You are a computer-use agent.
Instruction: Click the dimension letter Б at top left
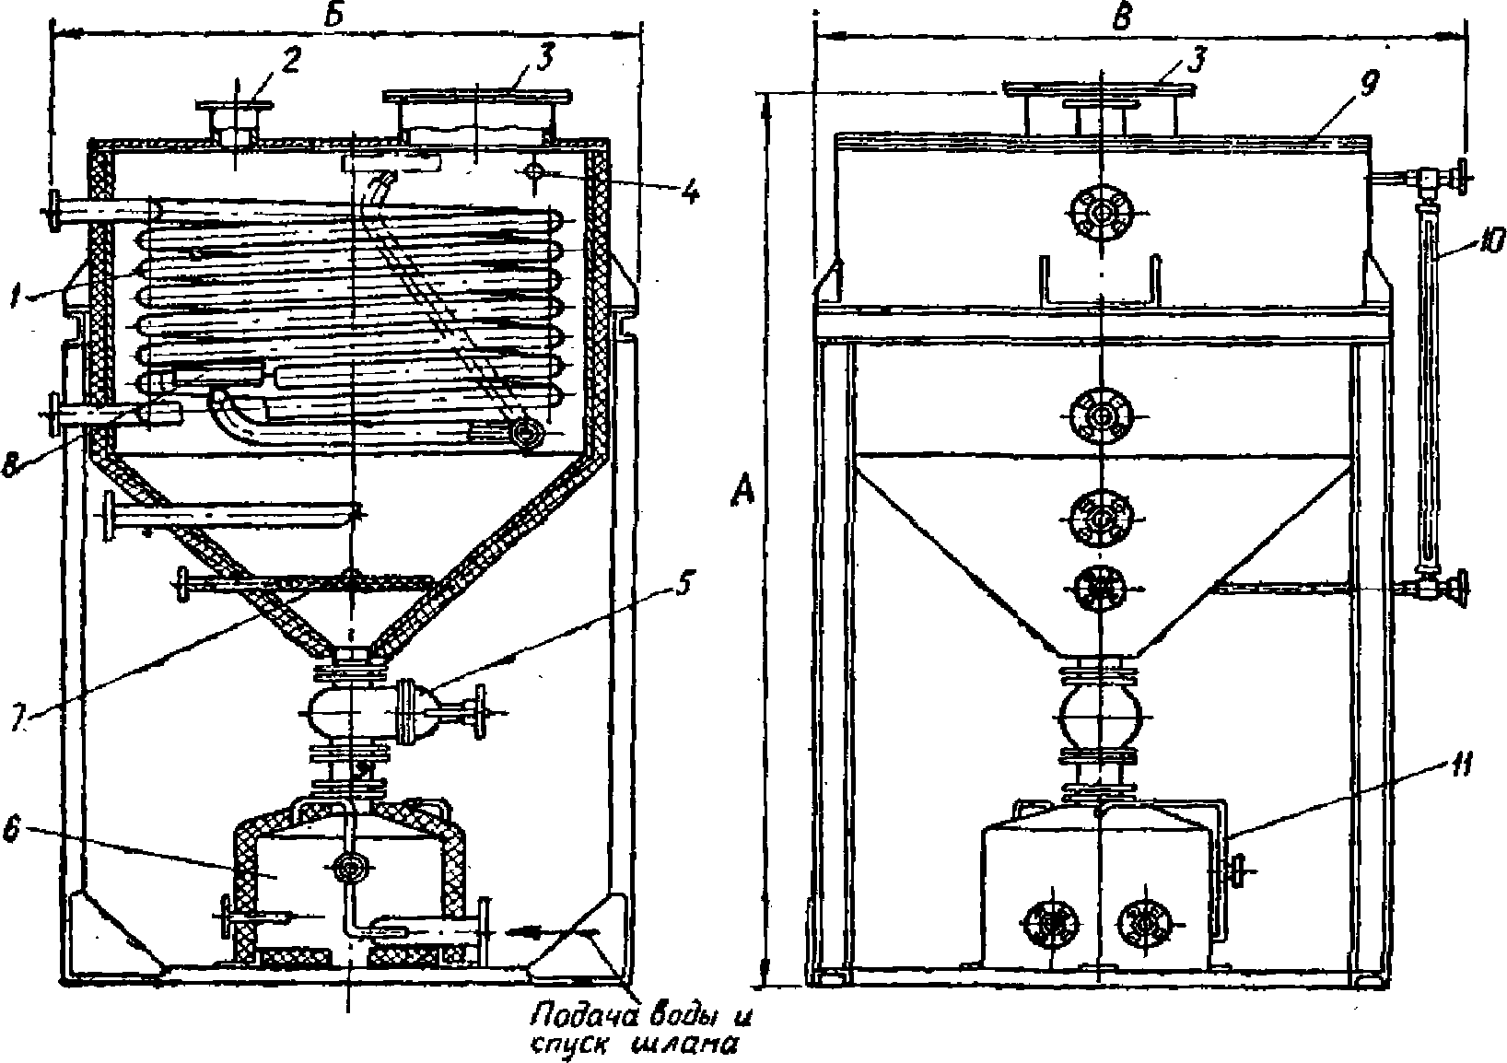point(333,16)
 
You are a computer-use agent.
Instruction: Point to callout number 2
point(290,63)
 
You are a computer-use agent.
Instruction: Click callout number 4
point(689,193)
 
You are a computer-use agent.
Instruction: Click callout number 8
point(11,465)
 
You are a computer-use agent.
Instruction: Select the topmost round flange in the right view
point(1102,214)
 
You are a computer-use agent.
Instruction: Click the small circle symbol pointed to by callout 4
point(532,171)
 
